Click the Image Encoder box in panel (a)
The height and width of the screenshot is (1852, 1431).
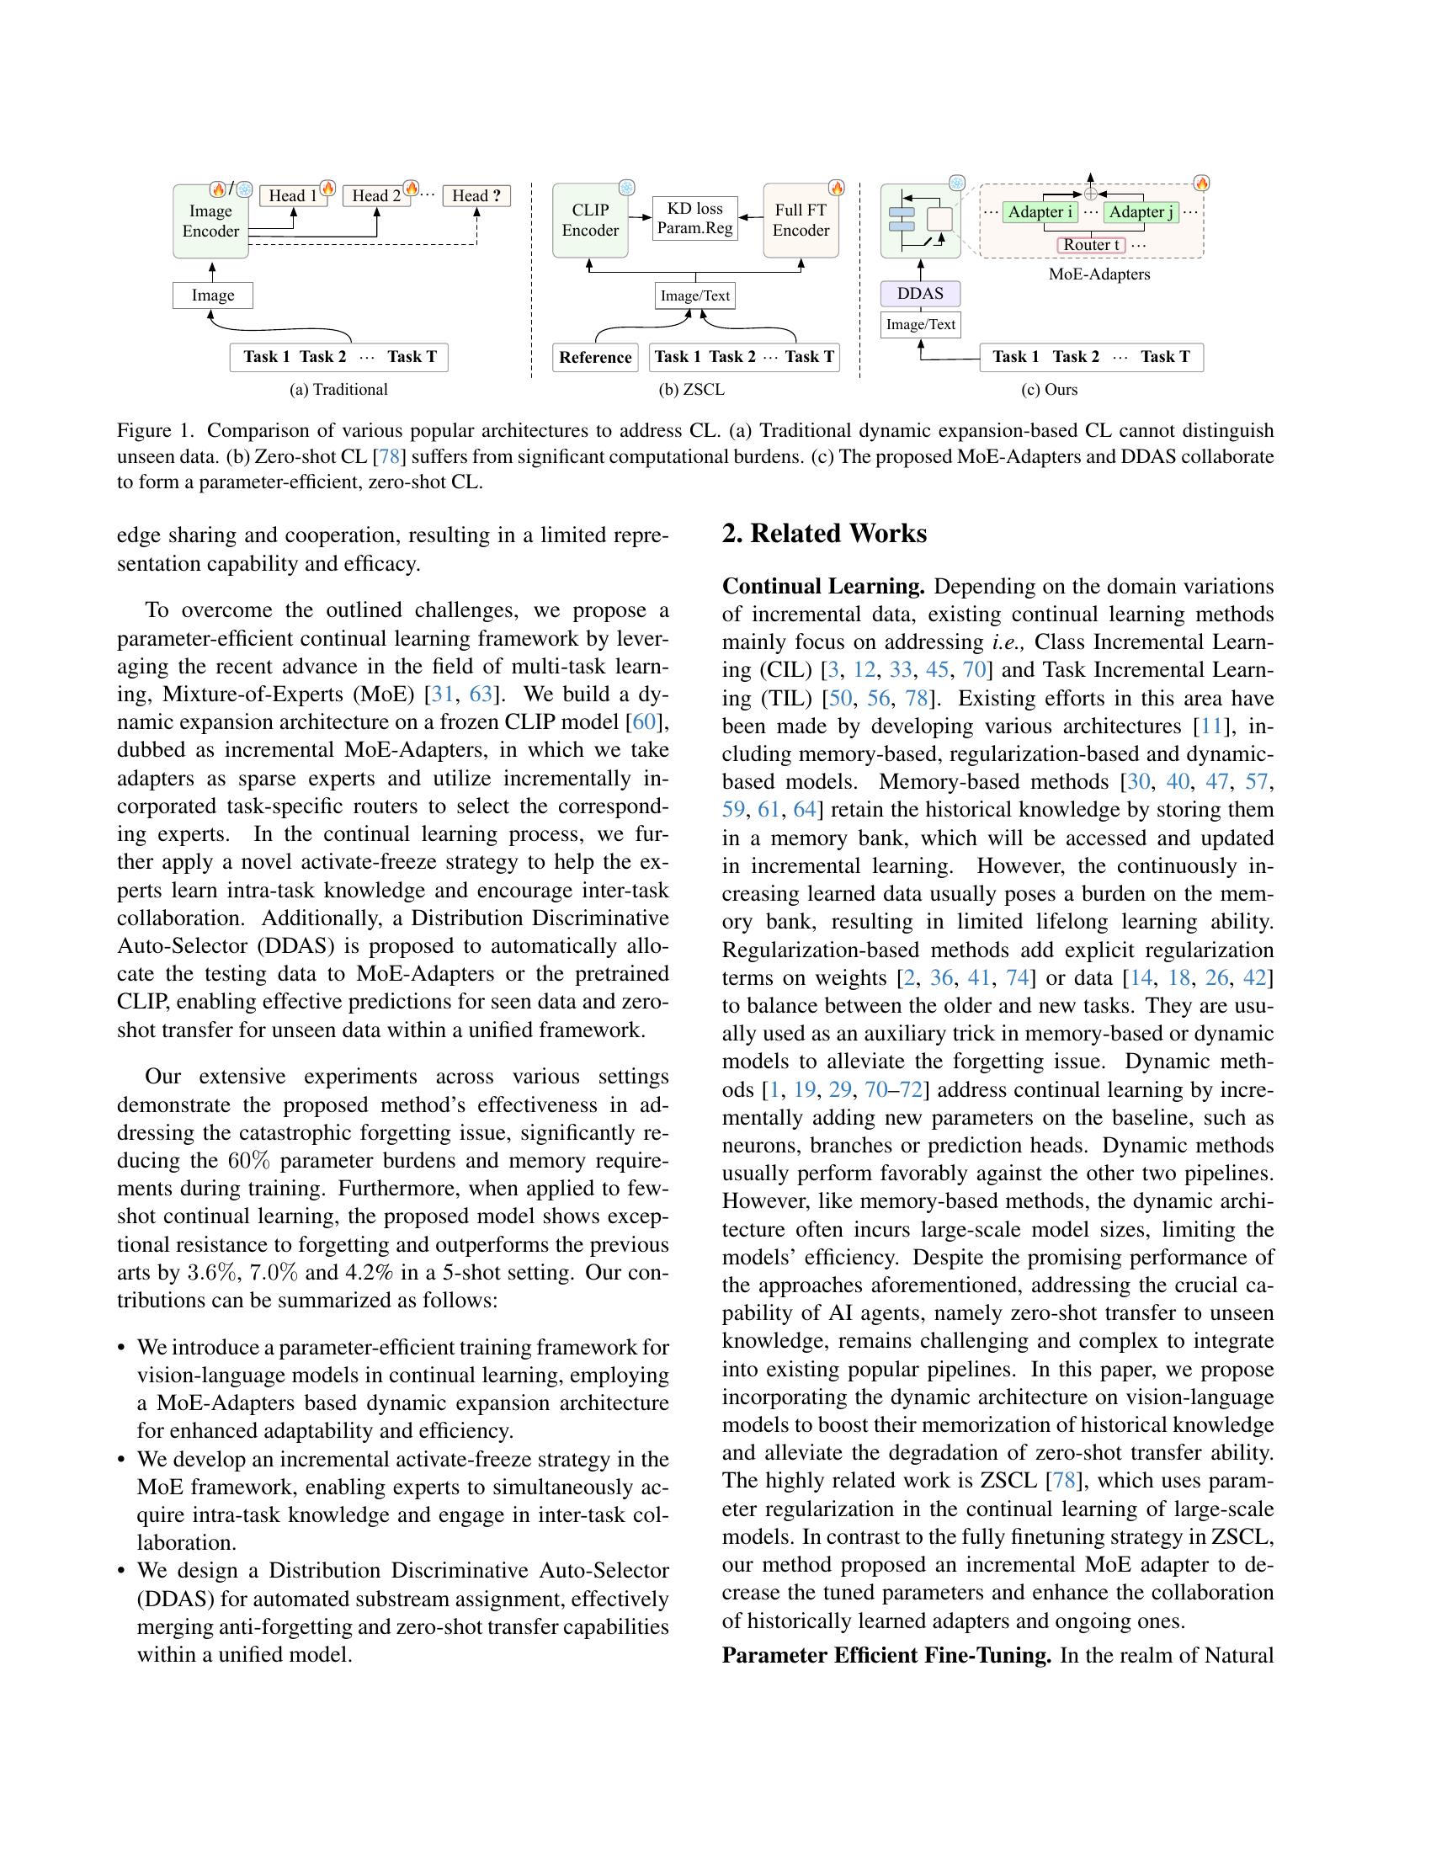[210, 221]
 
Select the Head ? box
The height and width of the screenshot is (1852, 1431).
[476, 196]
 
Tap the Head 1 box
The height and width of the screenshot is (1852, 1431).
[292, 196]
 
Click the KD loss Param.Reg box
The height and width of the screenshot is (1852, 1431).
[694, 218]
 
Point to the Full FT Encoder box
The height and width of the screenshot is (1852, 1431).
[801, 221]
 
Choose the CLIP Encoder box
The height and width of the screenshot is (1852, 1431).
[590, 221]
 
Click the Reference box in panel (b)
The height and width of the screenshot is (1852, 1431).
[595, 357]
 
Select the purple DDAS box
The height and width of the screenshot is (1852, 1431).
[920, 294]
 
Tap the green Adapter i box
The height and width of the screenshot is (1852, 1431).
[1040, 212]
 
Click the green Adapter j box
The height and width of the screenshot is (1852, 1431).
[1141, 212]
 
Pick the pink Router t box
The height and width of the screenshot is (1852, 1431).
[1092, 245]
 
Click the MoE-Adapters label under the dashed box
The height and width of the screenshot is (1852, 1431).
[1099, 274]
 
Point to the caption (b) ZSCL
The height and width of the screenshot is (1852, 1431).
[691, 390]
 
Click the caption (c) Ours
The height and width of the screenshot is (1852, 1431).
[1049, 390]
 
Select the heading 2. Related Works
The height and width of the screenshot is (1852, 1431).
[824, 534]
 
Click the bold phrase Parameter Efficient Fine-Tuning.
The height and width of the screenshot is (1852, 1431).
[886, 1655]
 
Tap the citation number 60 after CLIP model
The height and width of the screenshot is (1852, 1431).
[644, 721]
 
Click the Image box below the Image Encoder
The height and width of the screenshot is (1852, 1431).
[212, 295]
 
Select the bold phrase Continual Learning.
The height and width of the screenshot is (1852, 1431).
[822, 587]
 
